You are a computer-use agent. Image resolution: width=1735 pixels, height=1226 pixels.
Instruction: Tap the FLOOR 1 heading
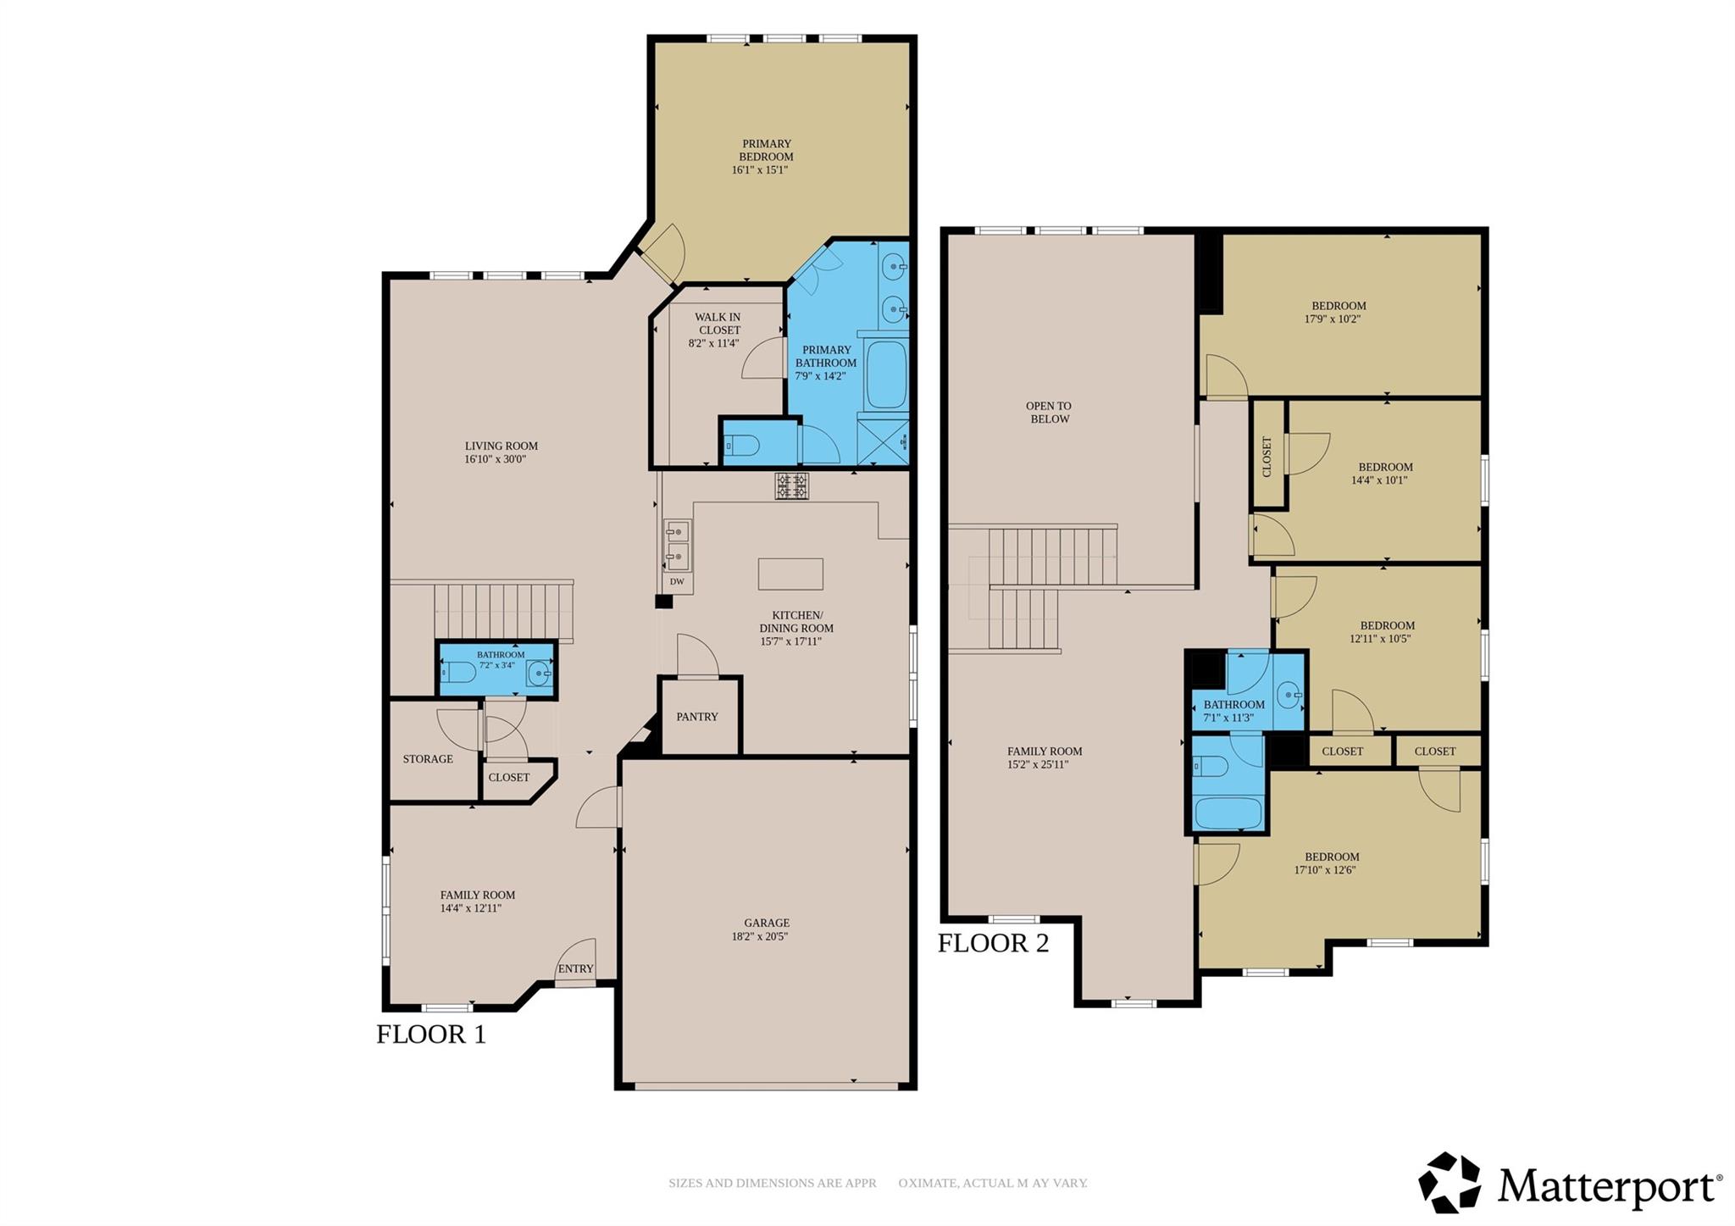(430, 1034)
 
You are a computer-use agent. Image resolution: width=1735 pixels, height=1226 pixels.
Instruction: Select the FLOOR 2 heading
(992, 942)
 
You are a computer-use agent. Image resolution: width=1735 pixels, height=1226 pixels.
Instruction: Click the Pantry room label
(696, 717)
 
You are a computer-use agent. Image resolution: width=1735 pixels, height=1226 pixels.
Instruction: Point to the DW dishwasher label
(676, 581)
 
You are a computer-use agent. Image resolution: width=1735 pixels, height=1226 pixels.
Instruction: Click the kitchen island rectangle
(790, 574)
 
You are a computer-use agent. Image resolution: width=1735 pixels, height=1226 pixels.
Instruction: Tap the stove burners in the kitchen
(791, 485)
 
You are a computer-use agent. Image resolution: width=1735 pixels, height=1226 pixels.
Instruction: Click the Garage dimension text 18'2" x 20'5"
(760, 936)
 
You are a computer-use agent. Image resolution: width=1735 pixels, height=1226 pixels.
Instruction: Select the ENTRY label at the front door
(575, 968)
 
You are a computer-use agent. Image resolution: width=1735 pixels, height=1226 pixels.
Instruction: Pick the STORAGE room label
(427, 759)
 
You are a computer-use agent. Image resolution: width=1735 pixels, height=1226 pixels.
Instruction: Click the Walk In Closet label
(718, 324)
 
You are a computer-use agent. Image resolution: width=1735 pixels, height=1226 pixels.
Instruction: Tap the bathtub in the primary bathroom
(886, 374)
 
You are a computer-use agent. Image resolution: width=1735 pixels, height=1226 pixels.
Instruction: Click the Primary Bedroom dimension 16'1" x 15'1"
(760, 169)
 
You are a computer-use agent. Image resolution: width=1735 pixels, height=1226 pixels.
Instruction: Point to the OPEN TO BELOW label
(1049, 413)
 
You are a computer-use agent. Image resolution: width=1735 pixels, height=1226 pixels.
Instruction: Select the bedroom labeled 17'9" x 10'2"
(1338, 313)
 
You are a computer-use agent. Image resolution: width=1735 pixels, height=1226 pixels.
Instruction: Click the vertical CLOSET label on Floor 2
(1267, 456)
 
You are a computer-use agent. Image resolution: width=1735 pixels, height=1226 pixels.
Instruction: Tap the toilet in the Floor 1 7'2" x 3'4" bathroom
(458, 673)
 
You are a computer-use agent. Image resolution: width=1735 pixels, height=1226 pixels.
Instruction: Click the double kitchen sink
(677, 545)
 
